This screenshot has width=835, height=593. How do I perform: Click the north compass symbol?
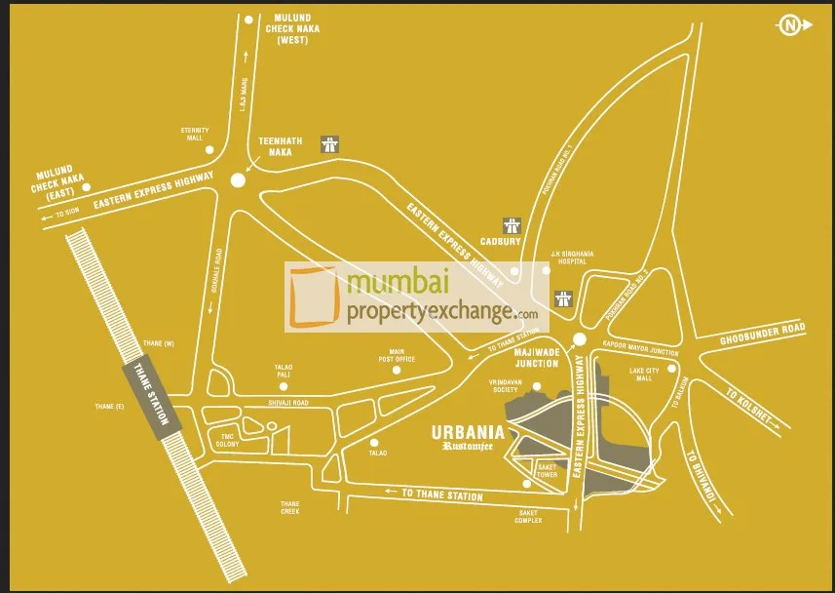788,25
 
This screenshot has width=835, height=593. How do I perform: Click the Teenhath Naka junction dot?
238,179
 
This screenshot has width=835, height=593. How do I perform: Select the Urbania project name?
468,432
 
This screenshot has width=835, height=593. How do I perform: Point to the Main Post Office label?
402,355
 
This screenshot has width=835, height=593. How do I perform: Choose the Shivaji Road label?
287,403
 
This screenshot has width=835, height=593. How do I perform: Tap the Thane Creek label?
289,507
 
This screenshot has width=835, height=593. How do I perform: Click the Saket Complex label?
528,516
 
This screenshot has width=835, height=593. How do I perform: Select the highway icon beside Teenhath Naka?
331,143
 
